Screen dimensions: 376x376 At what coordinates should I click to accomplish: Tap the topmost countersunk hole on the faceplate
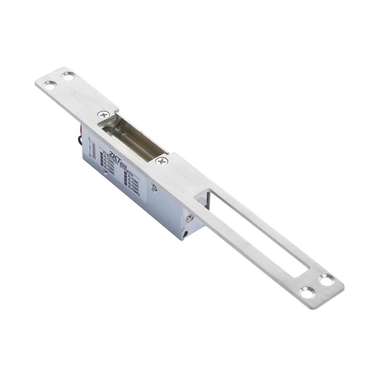pos(69,75)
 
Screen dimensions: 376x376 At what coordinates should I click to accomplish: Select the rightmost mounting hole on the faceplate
pos(326,280)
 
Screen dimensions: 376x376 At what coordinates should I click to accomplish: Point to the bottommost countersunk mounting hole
pos(307,292)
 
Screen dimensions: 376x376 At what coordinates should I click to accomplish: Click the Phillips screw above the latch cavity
pos(104,114)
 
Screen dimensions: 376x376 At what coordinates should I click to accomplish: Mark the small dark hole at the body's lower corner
pos(186,232)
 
